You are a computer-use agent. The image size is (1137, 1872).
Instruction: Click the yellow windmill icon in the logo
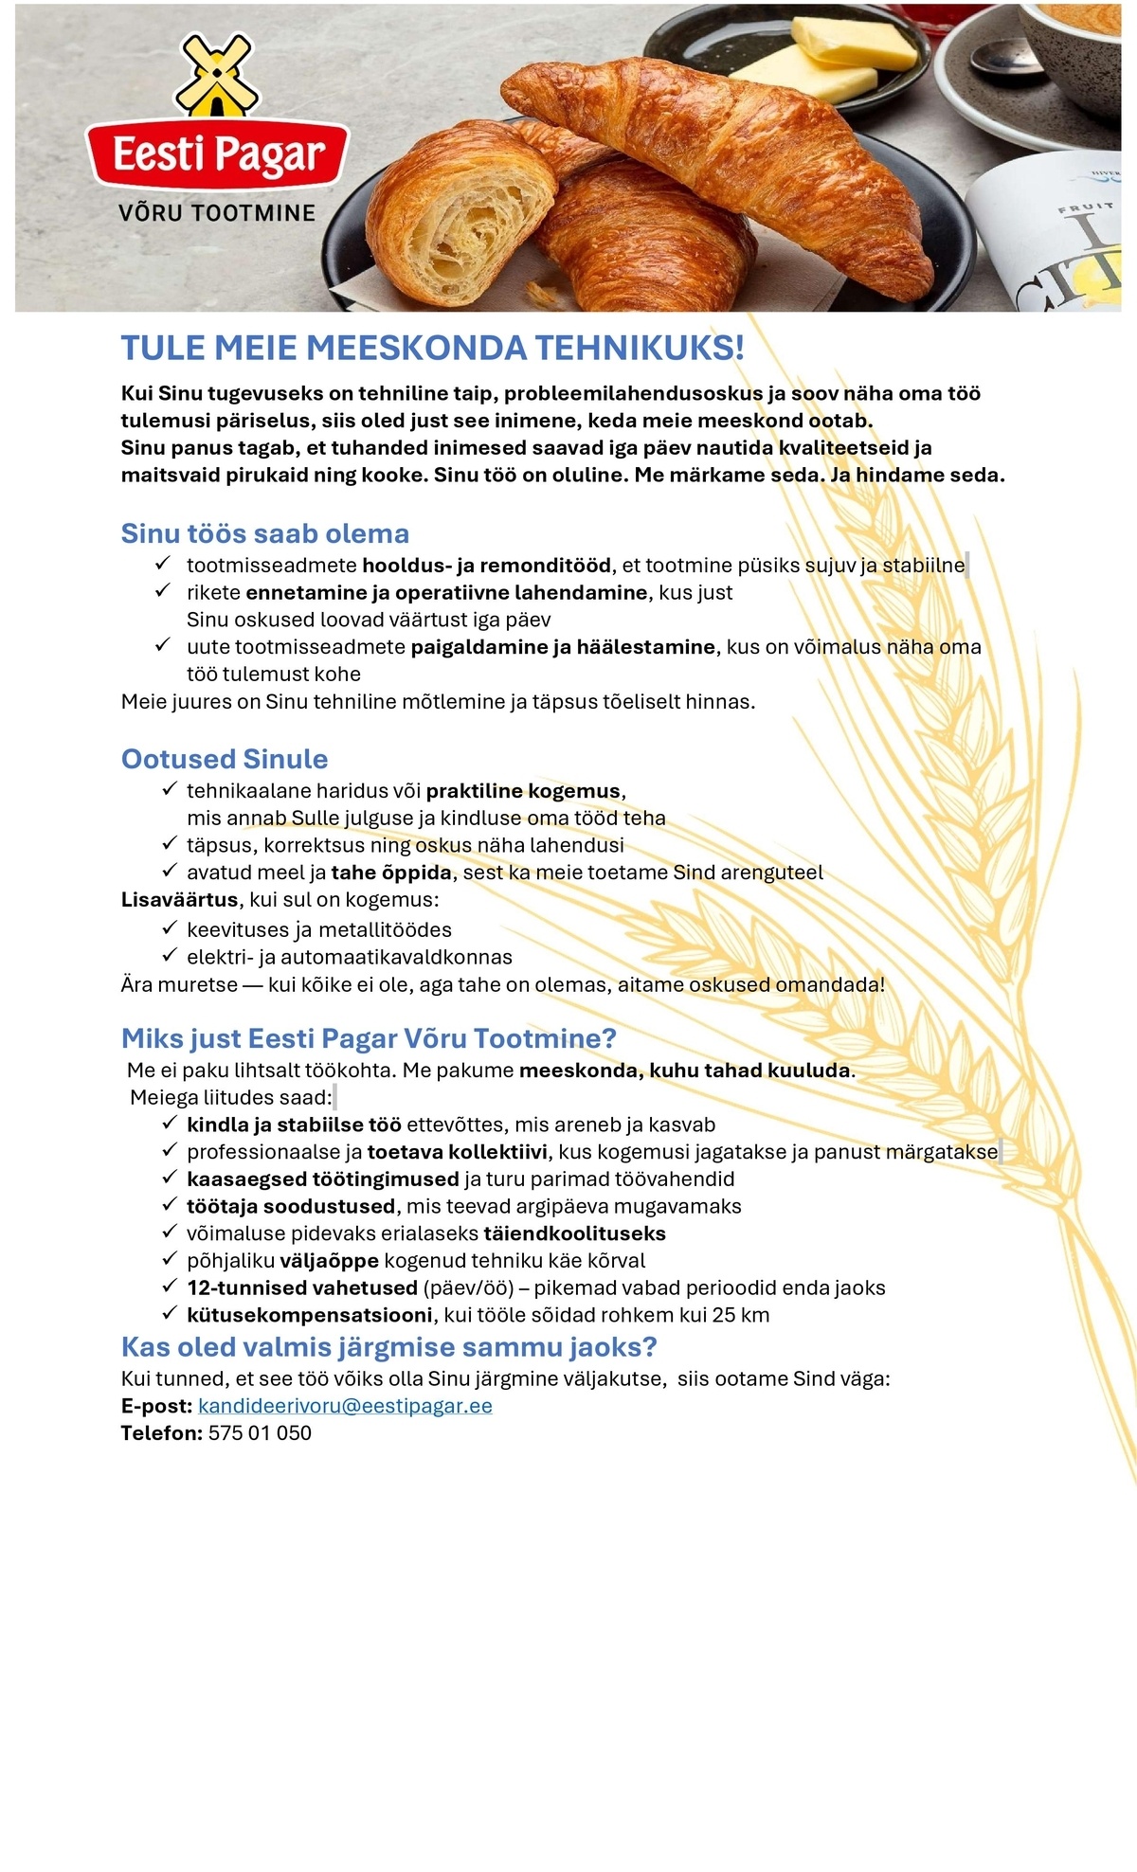(x=217, y=74)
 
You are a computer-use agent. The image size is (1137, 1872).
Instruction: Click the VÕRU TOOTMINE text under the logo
(x=217, y=213)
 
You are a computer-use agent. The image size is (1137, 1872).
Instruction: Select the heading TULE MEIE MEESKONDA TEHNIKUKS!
(x=432, y=348)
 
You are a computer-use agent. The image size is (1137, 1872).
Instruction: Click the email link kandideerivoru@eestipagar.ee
(x=345, y=1406)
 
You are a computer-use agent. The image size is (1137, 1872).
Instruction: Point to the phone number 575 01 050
(x=260, y=1433)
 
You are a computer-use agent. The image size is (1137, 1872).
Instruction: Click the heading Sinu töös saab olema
(x=265, y=533)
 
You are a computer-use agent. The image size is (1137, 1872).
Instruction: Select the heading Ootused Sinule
(x=225, y=759)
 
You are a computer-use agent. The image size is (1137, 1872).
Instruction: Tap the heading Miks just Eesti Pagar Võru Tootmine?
(x=369, y=1038)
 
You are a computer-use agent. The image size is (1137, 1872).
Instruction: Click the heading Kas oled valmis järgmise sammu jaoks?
(x=388, y=1347)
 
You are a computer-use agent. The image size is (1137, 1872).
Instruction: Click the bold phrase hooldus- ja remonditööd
(x=486, y=566)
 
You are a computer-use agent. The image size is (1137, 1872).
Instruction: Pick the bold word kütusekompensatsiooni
(x=310, y=1315)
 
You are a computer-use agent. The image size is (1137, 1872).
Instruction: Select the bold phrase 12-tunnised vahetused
(x=302, y=1287)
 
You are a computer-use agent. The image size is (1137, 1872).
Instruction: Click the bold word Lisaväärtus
(x=180, y=899)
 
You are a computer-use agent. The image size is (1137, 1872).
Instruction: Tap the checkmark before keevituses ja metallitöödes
(x=170, y=928)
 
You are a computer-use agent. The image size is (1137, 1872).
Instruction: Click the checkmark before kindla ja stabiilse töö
(x=170, y=1124)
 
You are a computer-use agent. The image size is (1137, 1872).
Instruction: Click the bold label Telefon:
(x=161, y=1433)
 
